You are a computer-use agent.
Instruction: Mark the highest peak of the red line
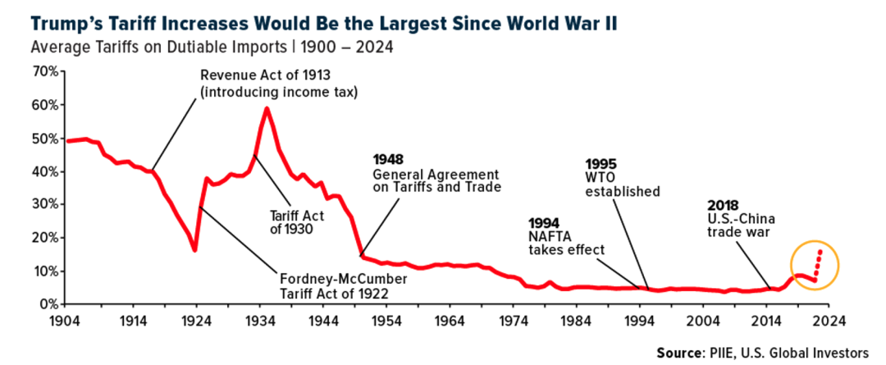267,108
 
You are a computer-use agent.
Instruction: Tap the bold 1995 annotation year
603,163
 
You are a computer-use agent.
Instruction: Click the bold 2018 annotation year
723,205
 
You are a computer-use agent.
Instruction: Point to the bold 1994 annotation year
545,222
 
